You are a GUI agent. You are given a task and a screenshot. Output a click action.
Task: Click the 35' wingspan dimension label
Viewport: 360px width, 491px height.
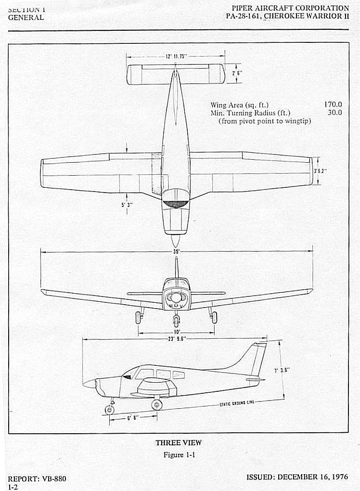point(176,251)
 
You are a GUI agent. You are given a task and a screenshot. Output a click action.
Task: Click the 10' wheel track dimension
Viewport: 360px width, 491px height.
point(177,332)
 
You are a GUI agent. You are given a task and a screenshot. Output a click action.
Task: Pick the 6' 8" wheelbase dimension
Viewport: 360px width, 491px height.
point(133,417)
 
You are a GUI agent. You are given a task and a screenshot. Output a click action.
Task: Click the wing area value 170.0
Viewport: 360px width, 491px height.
point(333,104)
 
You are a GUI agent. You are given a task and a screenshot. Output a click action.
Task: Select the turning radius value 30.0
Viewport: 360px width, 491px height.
point(334,113)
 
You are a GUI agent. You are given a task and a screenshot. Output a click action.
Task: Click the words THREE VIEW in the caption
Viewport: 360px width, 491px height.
point(179,443)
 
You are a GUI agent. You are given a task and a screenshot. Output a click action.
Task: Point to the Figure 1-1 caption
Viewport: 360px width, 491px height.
point(179,454)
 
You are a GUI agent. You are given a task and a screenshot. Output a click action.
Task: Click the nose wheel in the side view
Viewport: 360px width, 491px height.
point(110,410)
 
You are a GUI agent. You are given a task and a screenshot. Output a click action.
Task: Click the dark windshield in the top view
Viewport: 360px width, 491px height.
point(176,203)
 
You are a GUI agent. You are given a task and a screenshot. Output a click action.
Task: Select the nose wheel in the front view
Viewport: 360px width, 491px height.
point(177,319)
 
